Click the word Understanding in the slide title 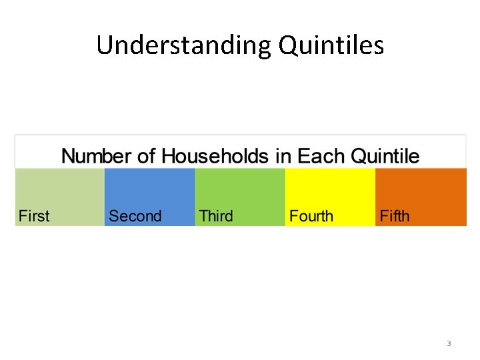[x=183, y=45]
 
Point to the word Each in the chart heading [x=321, y=157]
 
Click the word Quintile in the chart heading [x=385, y=157]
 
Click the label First [x=34, y=216]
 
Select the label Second [x=135, y=216]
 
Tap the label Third [x=216, y=216]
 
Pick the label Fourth [x=311, y=216]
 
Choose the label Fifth [x=395, y=216]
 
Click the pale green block [x=60, y=190]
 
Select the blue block [x=150, y=190]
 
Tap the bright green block [x=240, y=190]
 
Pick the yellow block [x=330, y=190]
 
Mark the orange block [x=421, y=190]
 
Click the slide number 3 [x=449, y=344]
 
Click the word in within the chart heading [x=284, y=157]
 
